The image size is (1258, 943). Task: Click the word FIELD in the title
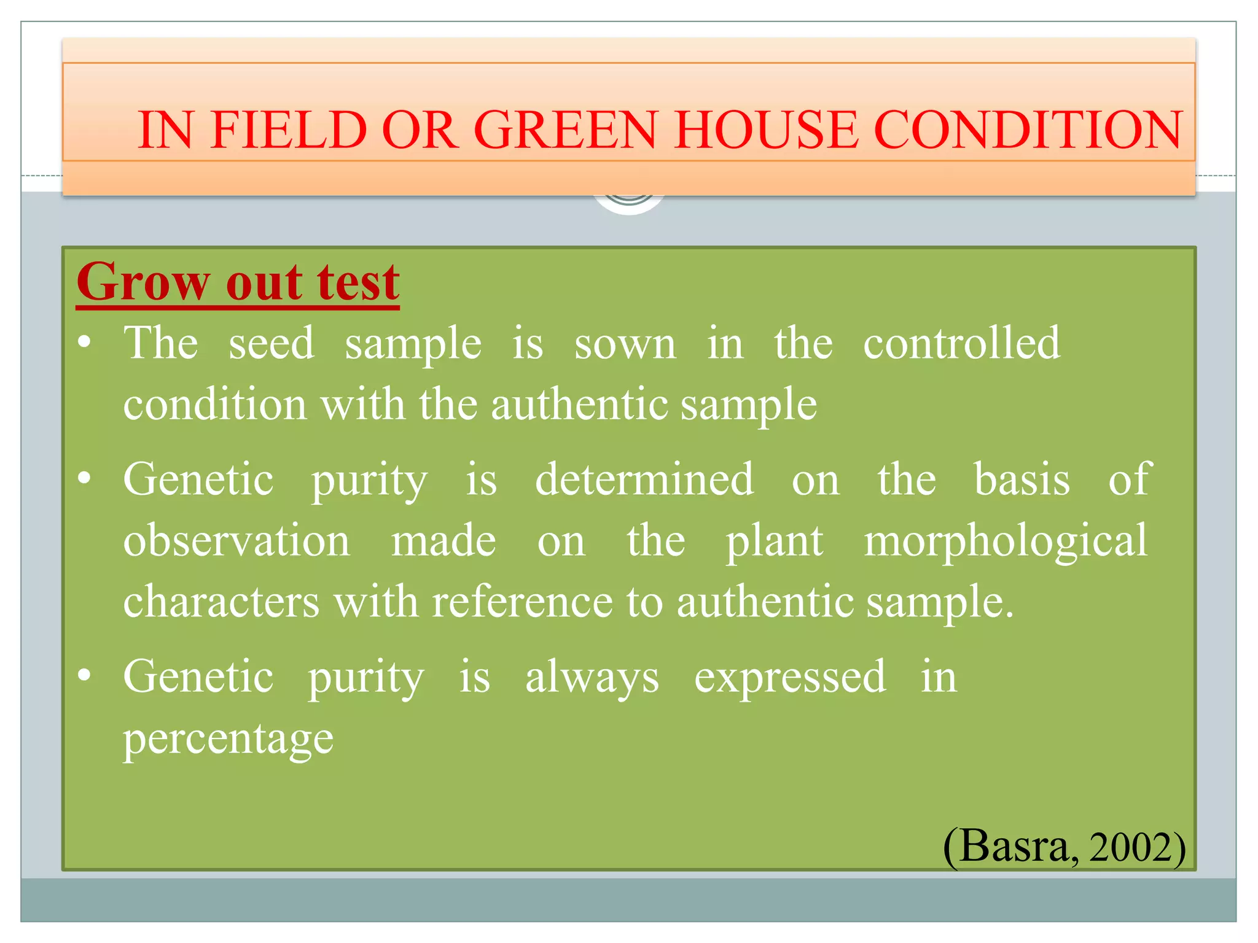point(288,130)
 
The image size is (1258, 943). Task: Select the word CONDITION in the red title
point(1028,130)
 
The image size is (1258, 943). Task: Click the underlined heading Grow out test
point(238,282)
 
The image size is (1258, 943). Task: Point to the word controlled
point(961,343)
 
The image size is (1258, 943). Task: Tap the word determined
point(644,479)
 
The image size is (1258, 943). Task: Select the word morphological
point(1005,541)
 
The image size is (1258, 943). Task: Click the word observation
point(236,541)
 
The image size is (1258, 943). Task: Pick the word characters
point(221,602)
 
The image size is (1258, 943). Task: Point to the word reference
point(522,602)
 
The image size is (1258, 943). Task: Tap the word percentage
point(228,739)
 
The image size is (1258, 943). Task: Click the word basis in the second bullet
point(1022,479)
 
